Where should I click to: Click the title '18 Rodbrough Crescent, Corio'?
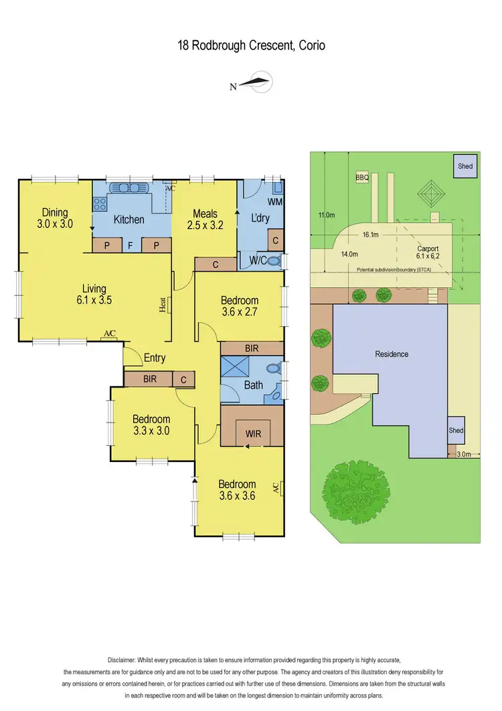click(x=251, y=46)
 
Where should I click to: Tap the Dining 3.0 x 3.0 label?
click(x=55, y=219)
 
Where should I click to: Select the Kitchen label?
click(x=129, y=219)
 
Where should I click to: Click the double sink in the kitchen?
click(x=128, y=187)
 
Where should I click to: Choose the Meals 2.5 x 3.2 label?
click(x=205, y=219)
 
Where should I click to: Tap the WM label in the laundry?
click(x=274, y=202)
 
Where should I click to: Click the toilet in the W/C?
click(x=273, y=262)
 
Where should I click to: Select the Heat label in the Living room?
click(x=163, y=305)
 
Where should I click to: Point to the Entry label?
click(x=155, y=358)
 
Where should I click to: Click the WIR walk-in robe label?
click(x=253, y=433)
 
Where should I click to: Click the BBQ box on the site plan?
click(x=362, y=178)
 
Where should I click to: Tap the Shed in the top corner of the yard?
click(x=465, y=167)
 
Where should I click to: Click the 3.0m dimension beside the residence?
click(x=464, y=454)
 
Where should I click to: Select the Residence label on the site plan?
click(x=392, y=353)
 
